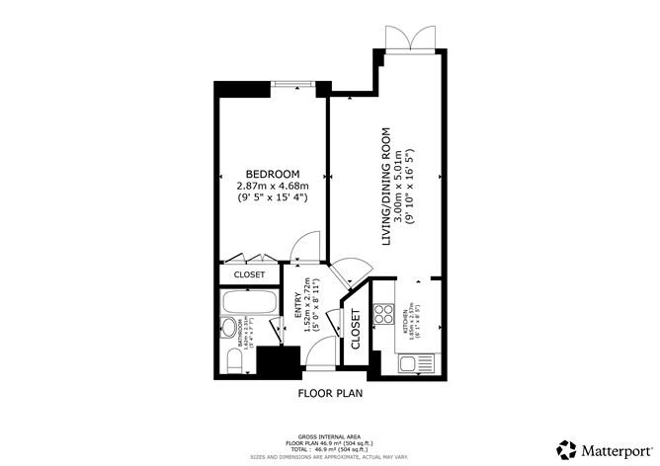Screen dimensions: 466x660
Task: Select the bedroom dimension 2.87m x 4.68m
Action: tap(273, 185)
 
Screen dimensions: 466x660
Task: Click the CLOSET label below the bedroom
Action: tap(249, 274)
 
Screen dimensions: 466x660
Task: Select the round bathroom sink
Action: tap(229, 330)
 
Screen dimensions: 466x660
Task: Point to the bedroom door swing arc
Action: tap(308, 247)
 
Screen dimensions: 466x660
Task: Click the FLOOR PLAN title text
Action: tap(330, 393)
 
